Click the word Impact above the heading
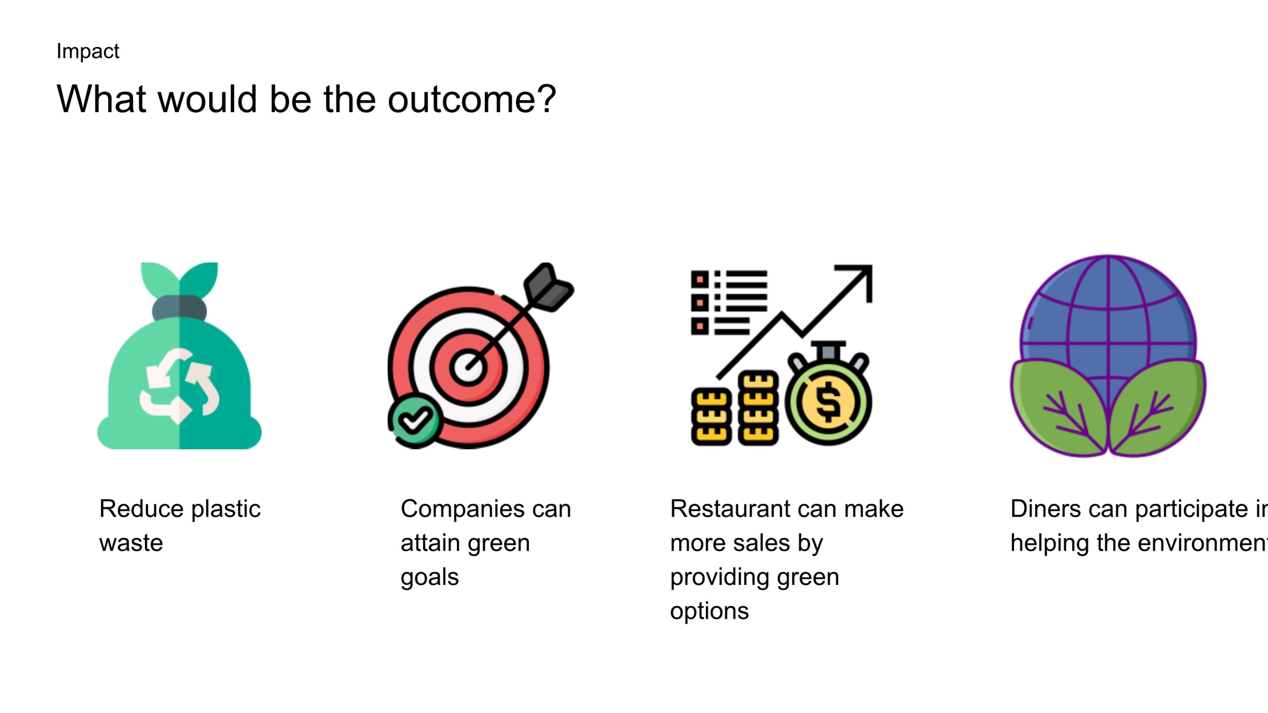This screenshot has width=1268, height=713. (x=87, y=51)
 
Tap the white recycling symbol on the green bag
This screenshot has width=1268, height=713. (x=180, y=386)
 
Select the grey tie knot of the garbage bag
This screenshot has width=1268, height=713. (x=180, y=308)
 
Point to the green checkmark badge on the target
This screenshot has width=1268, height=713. (x=415, y=421)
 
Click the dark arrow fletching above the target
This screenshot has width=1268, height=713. (x=548, y=287)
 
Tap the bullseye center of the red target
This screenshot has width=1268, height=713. (x=467, y=367)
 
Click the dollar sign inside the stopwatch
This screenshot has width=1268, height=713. (x=828, y=402)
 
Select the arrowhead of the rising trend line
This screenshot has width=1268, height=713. (x=858, y=280)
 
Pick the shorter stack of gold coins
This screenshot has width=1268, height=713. (x=711, y=417)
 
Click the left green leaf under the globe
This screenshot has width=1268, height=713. (x=1059, y=407)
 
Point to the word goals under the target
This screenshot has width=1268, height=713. (x=430, y=577)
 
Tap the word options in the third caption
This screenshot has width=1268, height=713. (x=710, y=611)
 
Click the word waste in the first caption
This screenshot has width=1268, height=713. (x=131, y=543)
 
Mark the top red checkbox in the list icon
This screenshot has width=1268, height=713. (x=700, y=280)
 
